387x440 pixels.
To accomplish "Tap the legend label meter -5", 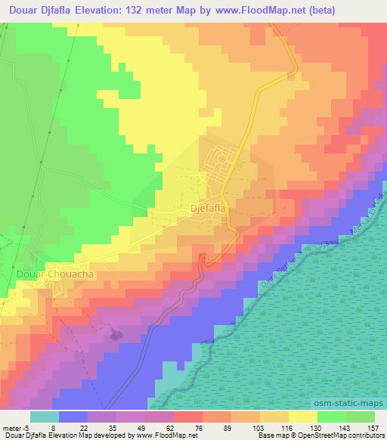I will pos(17,407).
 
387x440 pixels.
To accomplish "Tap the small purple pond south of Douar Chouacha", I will pos(116,333).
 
